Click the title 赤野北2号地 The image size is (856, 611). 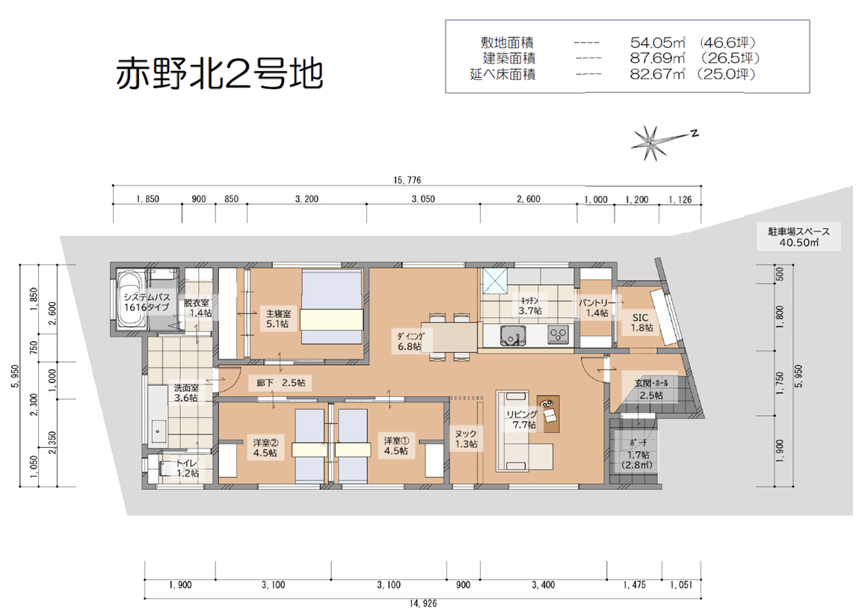[218, 74]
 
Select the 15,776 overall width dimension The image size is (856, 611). [407, 180]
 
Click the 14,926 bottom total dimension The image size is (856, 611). [422, 604]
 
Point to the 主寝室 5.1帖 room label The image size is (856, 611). [278, 319]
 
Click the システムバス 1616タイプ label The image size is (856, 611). [147, 302]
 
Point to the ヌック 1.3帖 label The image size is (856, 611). [467, 439]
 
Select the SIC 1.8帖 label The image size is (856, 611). [641, 322]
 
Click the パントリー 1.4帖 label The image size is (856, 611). [597, 307]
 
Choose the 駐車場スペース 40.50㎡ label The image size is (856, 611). [798, 237]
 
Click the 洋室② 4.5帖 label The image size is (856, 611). [265, 447]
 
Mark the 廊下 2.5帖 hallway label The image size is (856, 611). [280, 383]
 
